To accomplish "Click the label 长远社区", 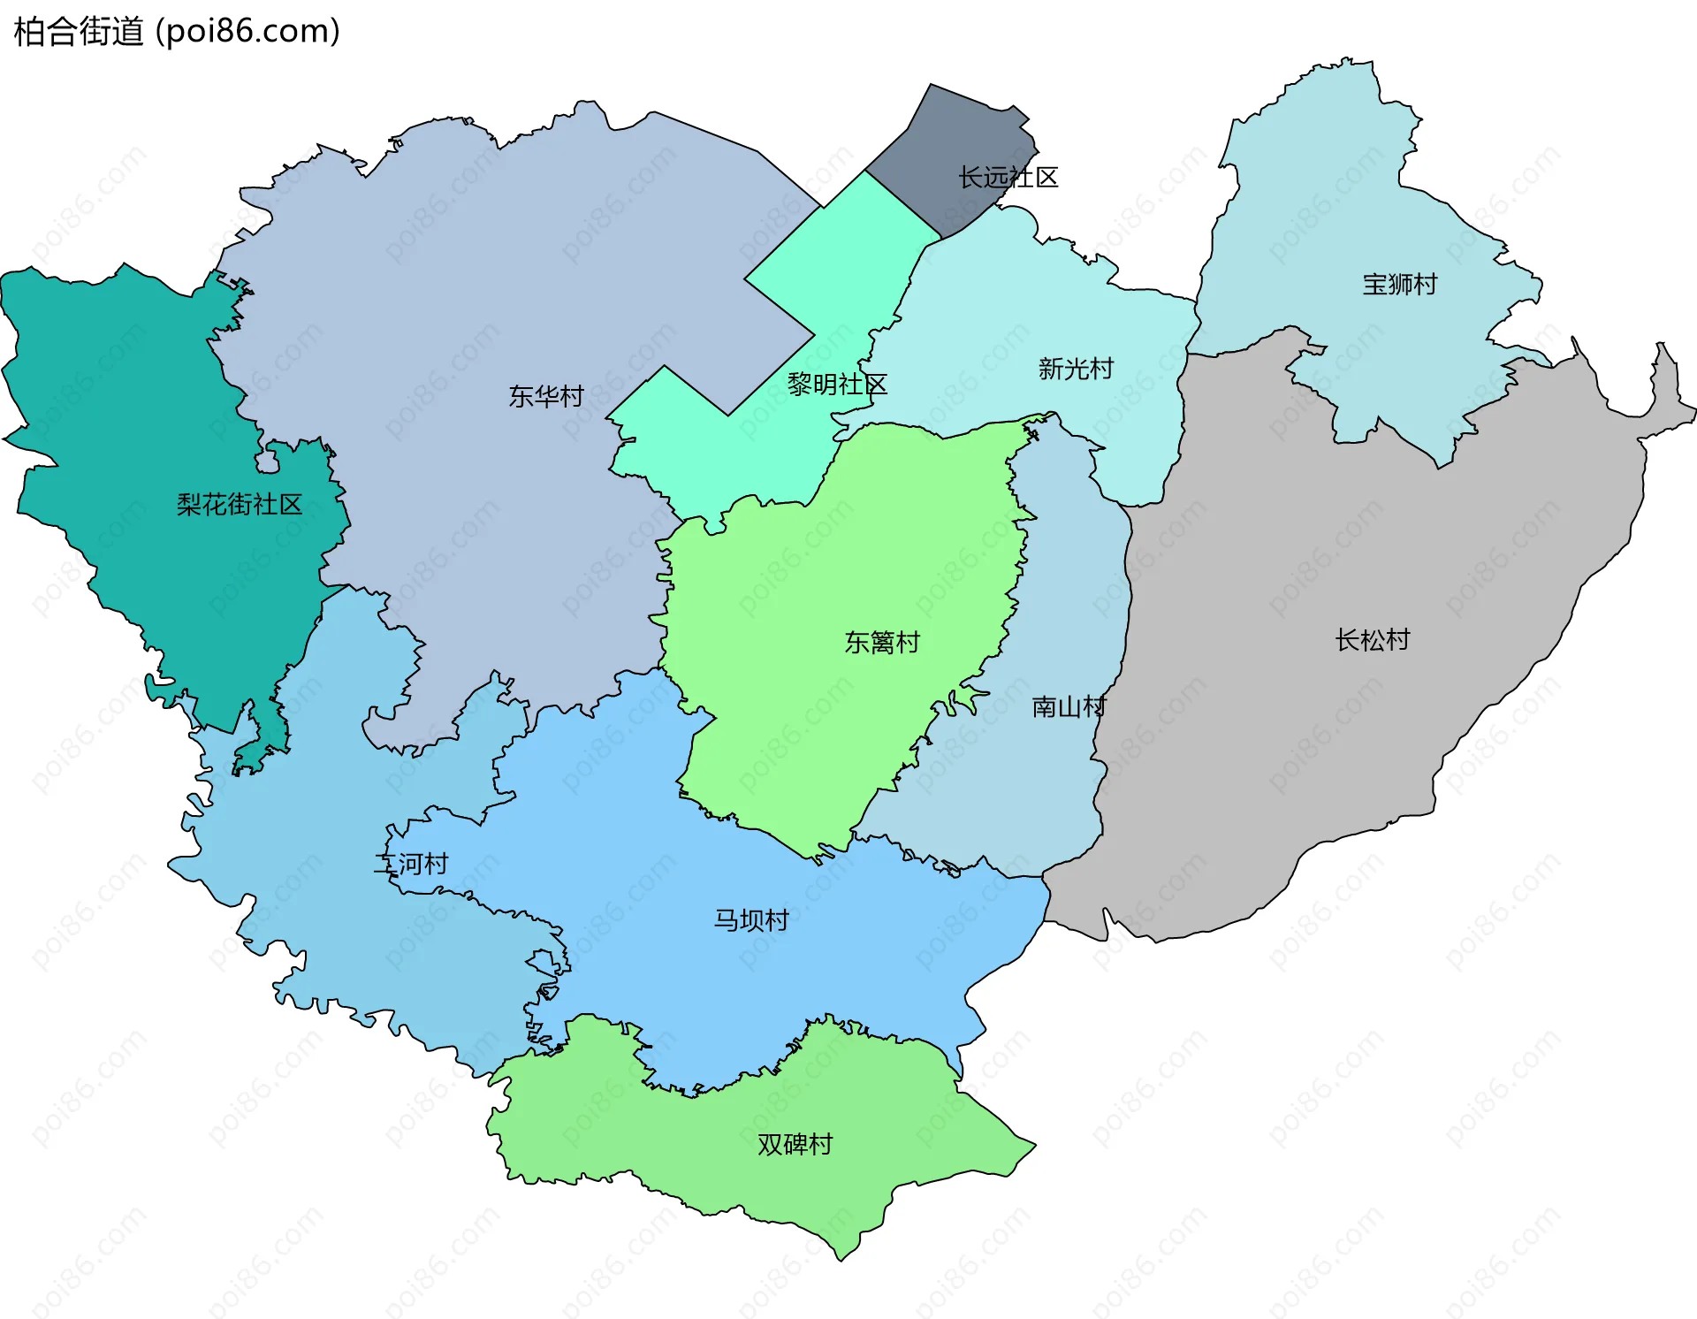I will point(1008,178).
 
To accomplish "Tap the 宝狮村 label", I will point(1399,285).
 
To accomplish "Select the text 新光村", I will point(1075,369).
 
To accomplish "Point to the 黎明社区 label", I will point(836,385).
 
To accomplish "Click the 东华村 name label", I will point(545,396).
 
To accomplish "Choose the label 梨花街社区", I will point(239,505).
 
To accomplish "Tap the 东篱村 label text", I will point(881,643).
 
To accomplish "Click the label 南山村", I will point(1068,707).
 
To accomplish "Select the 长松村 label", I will point(1372,640).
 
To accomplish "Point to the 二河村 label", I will point(411,864).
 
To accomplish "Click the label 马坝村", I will point(750,920).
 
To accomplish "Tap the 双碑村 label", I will point(794,1145).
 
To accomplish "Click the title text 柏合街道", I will point(78,32).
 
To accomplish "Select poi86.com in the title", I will point(247,32).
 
